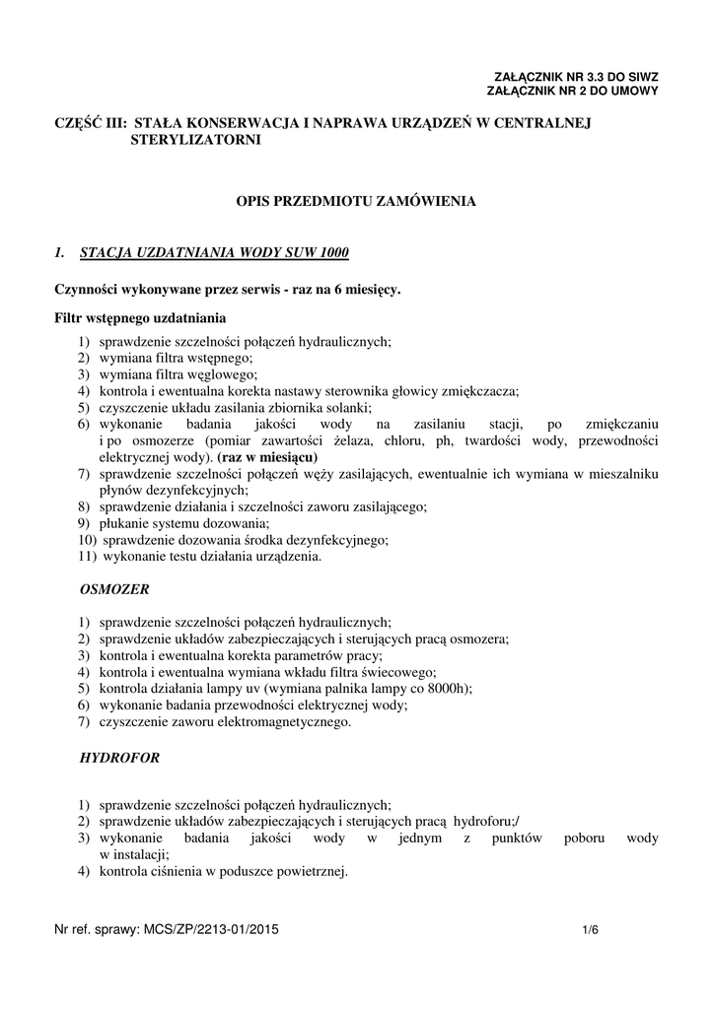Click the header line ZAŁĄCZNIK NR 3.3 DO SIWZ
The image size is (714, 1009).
[x=575, y=76]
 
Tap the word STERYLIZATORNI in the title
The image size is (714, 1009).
[x=196, y=141]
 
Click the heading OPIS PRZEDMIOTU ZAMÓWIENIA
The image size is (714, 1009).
[x=355, y=201]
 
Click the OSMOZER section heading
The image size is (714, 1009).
[x=113, y=588]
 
